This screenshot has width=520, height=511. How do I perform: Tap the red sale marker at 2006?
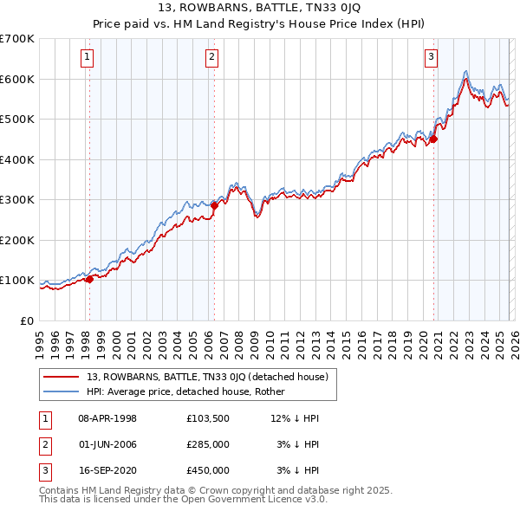[x=214, y=206]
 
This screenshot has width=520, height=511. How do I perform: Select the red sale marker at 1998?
[x=89, y=279]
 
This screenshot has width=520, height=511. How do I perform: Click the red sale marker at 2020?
[x=434, y=139]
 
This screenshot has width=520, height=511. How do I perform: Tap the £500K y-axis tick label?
[x=17, y=120]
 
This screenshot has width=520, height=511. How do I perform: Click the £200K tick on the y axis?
[x=17, y=240]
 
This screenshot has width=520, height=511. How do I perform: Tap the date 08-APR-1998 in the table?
[x=107, y=418]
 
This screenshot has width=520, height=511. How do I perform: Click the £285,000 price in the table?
[x=208, y=444]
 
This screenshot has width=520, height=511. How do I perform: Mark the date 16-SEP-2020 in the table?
[x=107, y=470]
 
